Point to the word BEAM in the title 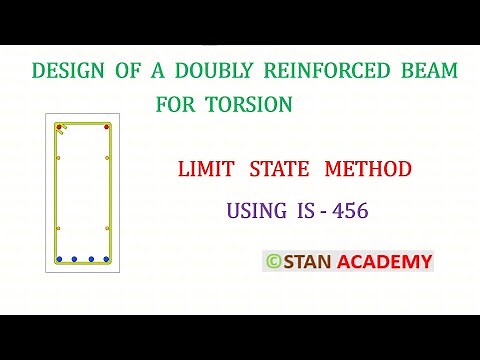431,72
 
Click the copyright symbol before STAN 272,262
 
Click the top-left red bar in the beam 60,127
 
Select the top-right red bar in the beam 107,127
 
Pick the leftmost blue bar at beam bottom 60,259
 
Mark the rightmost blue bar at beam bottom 107,259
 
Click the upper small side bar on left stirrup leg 59,158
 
